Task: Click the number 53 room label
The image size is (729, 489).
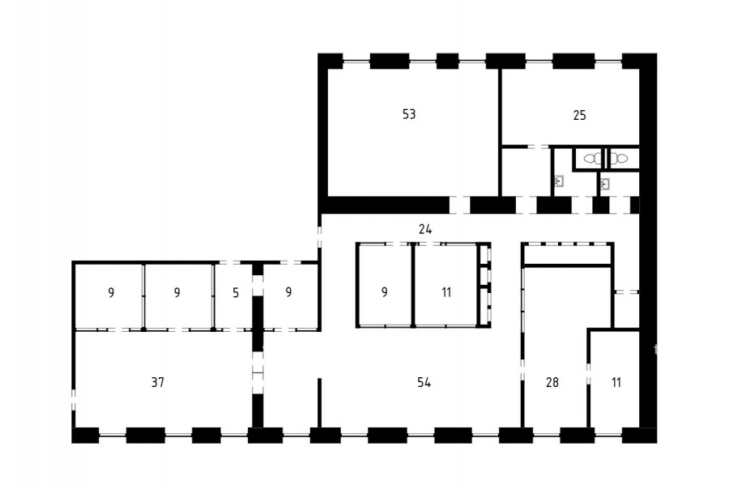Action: (409, 114)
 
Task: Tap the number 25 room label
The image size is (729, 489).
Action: (579, 115)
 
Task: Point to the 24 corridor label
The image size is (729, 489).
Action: (425, 229)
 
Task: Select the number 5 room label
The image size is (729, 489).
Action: (236, 293)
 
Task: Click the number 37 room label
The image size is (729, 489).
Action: (158, 382)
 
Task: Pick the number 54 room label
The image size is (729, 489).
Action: (424, 382)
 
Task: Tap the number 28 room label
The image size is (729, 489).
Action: (552, 382)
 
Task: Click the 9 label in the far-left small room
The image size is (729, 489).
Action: (111, 293)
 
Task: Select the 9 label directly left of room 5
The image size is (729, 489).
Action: (177, 293)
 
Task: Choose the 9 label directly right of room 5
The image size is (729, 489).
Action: (288, 292)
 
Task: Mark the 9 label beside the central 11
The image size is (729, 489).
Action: (385, 292)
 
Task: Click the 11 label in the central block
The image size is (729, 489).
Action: (446, 292)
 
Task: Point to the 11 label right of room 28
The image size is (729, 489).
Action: (616, 382)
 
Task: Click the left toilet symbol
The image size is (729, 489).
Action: (592, 159)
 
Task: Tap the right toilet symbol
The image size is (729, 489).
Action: (620, 159)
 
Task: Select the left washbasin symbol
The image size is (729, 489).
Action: (559, 181)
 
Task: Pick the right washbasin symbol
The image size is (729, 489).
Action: (605, 184)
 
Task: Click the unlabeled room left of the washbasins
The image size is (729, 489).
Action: (526, 172)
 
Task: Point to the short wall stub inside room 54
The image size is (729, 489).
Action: (319, 402)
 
